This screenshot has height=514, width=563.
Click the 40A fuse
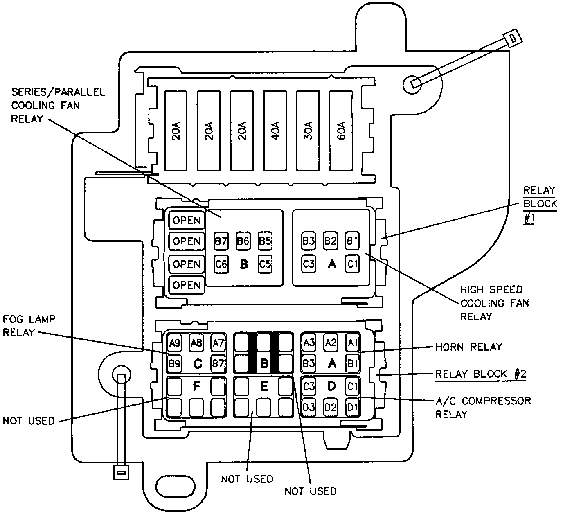pos(275,131)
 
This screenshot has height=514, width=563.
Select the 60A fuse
pos(342,131)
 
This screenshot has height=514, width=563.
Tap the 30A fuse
pos(309,131)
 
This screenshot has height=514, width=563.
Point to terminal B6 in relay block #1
pos(243,241)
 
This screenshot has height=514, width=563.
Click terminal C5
pos(265,264)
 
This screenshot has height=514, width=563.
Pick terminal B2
pos(330,241)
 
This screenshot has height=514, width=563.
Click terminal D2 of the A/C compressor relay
pos(330,407)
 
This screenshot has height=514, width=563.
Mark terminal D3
pos(309,407)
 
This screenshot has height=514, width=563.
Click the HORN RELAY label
pos(468,347)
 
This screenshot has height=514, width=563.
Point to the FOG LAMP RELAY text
pos(29,325)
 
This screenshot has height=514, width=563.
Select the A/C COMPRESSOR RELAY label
pos(483,407)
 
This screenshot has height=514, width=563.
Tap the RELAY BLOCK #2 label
pos(480,374)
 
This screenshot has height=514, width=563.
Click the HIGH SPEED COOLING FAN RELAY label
pos(494,303)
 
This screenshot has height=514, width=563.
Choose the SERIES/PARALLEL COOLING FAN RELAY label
pos(58,105)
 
